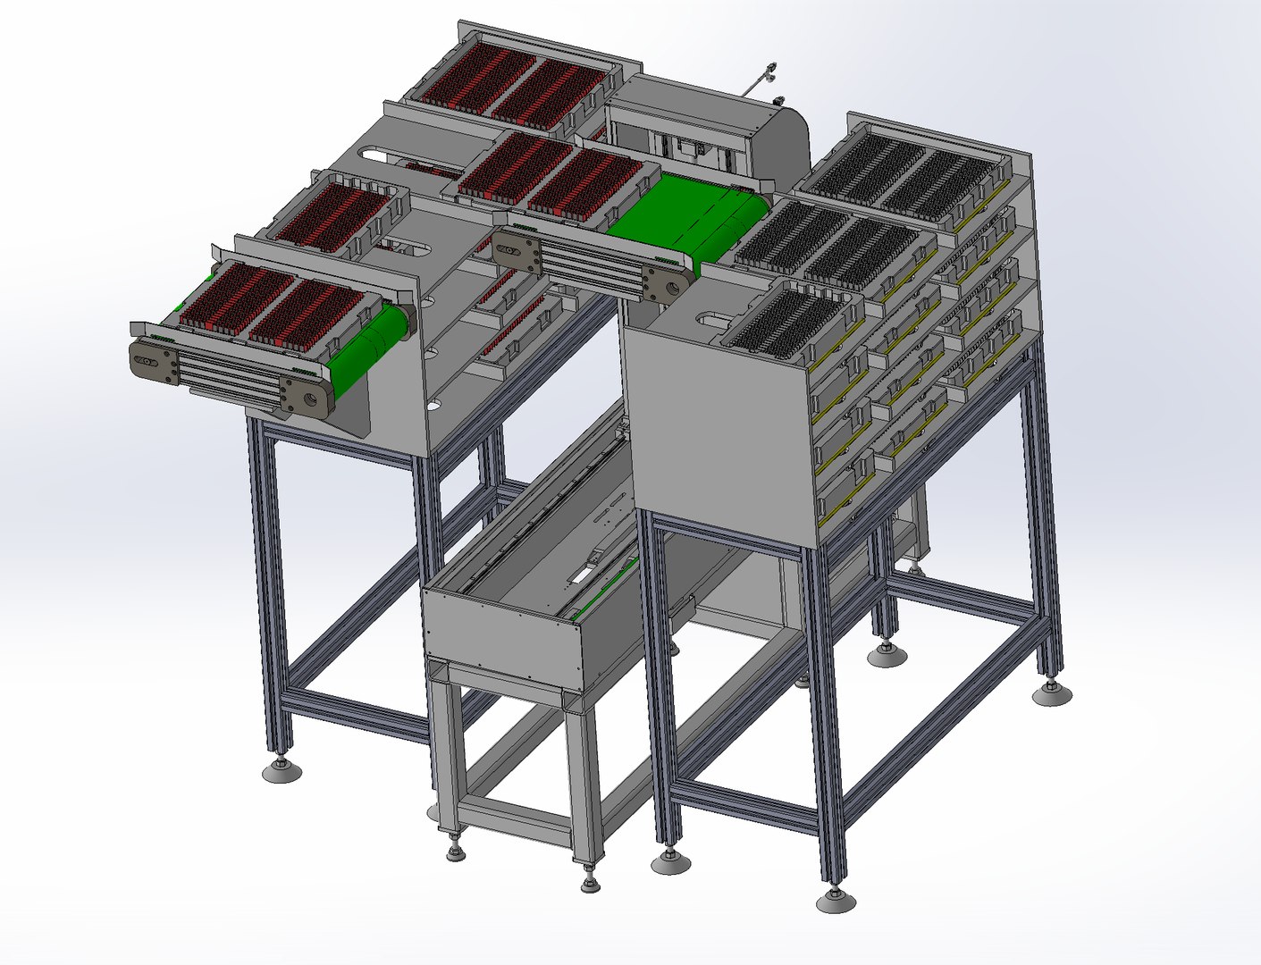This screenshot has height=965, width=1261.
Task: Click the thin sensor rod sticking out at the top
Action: tap(761, 80)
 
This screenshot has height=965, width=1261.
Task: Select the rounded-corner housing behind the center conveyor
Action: tap(706, 134)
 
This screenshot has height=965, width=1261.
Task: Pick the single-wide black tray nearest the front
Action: tap(786, 322)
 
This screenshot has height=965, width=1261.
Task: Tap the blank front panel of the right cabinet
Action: tap(715, 429)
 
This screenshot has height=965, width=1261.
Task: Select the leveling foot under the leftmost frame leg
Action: tap(282, 770)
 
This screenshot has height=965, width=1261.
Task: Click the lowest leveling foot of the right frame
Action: tap(836, 901)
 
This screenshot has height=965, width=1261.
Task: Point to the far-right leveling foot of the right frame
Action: tap(1052, 692)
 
